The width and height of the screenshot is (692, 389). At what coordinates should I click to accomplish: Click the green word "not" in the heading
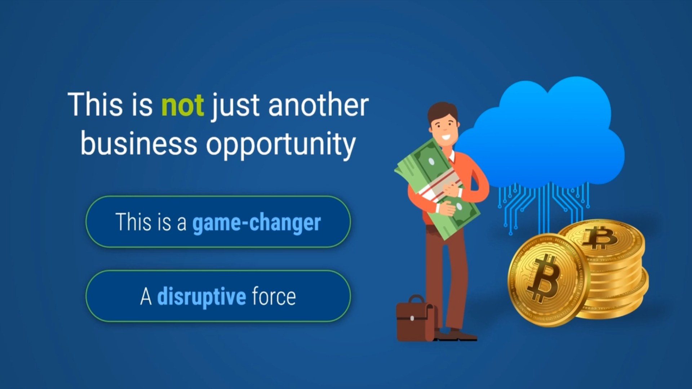pos(182,105)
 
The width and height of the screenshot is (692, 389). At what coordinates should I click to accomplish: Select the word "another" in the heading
pos(318,105)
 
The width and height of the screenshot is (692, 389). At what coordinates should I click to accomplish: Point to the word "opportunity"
pos(281,145)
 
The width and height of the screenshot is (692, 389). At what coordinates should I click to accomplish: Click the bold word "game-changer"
pos(256,223)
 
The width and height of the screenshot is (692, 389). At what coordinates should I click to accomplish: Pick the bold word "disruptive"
pos(201,297)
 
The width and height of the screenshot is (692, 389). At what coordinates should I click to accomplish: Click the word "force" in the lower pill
pos(274,297)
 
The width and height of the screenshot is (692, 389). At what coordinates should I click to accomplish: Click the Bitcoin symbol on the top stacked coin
pos(600,238)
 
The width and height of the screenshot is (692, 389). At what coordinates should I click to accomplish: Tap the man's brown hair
pos(442,110)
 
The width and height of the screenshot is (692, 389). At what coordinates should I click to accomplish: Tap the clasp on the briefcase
pos(412,318)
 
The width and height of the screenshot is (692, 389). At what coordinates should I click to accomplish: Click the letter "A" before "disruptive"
pos(146,297)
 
